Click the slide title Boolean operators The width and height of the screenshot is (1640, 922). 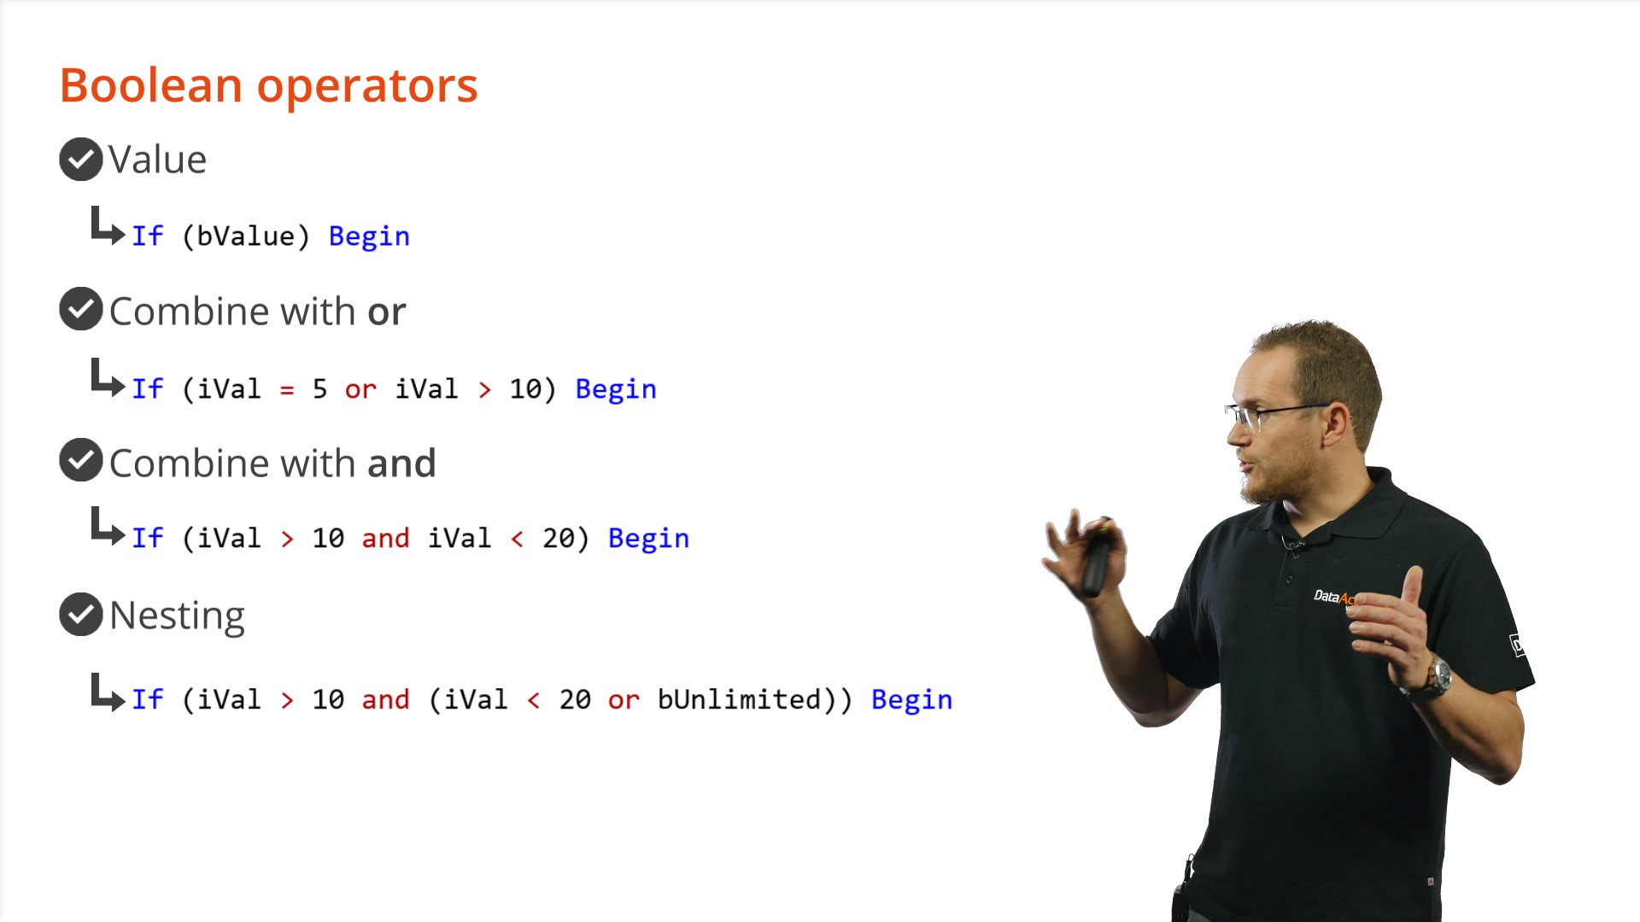(x=268, y=86)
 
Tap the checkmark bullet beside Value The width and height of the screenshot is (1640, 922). (x=81, y=160)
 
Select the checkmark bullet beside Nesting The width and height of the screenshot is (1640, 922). (x=81, y=615)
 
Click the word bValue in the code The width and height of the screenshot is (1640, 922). (x=245, y=236)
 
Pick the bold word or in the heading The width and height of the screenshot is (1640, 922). (x=387, y=312)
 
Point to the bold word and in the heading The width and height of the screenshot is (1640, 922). (x=401, y=464)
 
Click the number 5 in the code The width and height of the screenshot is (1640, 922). (x=319, y=389)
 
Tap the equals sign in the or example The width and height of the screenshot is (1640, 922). (x=287, y=391)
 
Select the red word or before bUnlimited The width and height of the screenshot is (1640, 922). (x=624, y=701)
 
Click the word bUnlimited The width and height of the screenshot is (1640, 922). (x=739, y=699)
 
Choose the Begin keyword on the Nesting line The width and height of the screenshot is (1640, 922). (x=911, y=700)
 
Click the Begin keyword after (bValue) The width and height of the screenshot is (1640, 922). (x=369, y=236)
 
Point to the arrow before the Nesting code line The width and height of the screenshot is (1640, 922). (x=108, y=692)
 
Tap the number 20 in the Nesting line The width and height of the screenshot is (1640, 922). (x=575, y=700)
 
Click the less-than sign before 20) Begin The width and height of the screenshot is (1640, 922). (x=517, y=539)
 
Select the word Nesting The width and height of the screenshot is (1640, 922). (x=177, y=616)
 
